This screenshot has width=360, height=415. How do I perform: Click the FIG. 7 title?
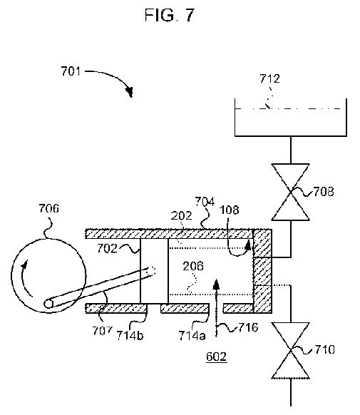point(169,15)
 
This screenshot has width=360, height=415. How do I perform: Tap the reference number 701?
point(71,71)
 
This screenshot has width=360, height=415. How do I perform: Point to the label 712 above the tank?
point(269,78)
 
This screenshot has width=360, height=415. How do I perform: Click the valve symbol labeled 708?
point(291,192)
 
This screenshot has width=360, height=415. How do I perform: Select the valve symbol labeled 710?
point(291,350)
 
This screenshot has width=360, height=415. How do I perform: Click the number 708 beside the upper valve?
point(324,192)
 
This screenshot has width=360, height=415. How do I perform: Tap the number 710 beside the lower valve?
point(324,349)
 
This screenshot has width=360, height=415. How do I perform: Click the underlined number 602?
point(217,357)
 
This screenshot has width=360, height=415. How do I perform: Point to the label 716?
point(248,327)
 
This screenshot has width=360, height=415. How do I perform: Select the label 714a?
point(192,336)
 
